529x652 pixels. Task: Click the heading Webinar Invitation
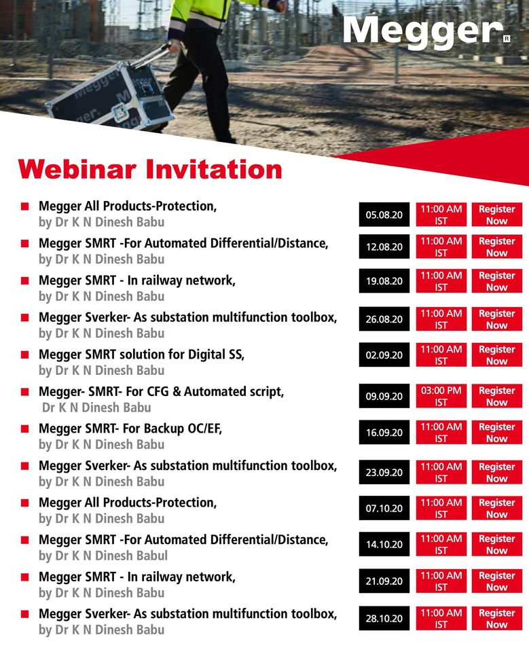150,169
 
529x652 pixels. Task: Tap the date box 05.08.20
384,215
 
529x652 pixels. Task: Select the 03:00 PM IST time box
441,396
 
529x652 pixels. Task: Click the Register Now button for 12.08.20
497,247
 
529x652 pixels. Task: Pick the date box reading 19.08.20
384,281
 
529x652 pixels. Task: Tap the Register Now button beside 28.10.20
497,618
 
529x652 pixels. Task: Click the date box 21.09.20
384,581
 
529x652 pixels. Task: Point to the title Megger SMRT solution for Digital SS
141,355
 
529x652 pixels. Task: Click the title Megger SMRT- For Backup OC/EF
130,429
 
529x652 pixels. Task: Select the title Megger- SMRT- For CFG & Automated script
162,392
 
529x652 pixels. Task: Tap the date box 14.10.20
384,544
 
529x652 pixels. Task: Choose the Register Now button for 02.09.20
497,355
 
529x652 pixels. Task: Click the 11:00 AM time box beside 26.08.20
441,319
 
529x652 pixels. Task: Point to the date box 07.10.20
384,508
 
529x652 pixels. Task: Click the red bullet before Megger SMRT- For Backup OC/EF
25,429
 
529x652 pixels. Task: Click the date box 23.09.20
384,473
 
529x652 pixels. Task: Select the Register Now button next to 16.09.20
497,433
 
